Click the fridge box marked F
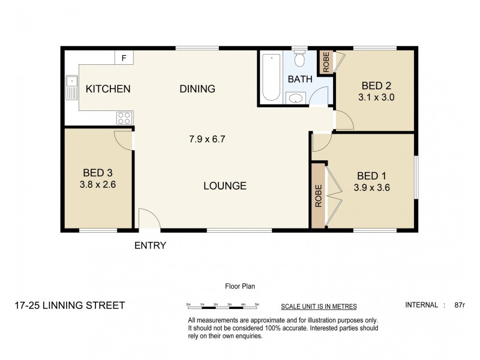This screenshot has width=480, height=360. pyautogui.click(x=124, y=58)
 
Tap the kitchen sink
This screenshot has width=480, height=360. pyautogui.click(x=72, y=88)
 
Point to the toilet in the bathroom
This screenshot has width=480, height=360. pyautogui.click(x=301, y=60)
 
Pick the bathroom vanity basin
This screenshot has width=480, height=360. pyautogui.click(x=295, y=98)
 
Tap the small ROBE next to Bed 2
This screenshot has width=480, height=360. pyautogui.click(x=326, y=63)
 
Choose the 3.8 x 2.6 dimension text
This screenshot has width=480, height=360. pyautogui.click(x=96, y=185)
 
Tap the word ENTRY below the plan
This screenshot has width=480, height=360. pyautogui.click(x=150, y=245)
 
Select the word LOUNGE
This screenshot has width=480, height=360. pyautogui.click(x=225, y=186)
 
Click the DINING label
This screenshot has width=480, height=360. pyautogui.click(x=197, y=89)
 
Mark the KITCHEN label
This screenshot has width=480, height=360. pyautogui.click(x=108, y=89)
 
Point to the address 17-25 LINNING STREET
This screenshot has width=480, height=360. pyautogui.click(x=69, y=305)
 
